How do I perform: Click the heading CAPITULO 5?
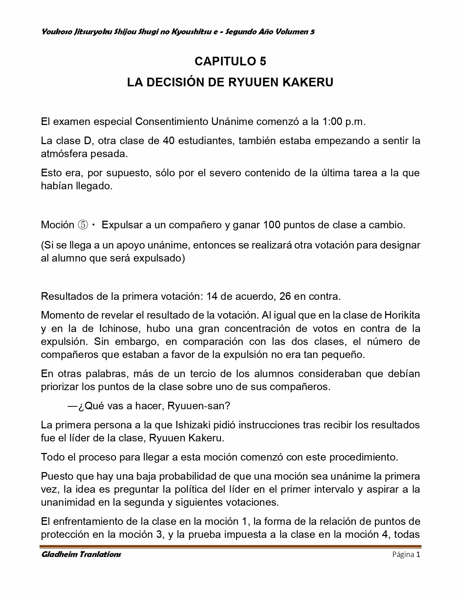point(230,61)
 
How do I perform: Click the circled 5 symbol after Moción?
point(82,225)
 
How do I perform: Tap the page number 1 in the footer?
point(418,554)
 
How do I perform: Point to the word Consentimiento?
point(172,121)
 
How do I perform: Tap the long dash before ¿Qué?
point(72,406)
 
